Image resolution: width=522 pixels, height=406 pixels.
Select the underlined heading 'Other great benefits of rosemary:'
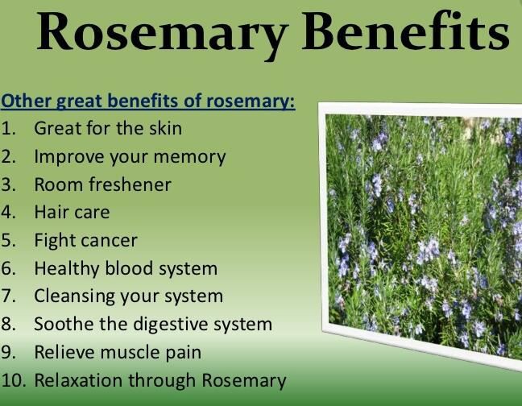coord(148,103)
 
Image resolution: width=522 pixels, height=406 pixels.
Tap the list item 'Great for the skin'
coord(108,128)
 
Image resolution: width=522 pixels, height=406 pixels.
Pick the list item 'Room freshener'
coord(102,184)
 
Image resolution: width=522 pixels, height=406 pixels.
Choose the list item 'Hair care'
coord(72,213)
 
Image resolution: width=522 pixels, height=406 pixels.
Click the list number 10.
coord(13,380)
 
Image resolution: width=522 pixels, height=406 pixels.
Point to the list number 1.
coord(8,128)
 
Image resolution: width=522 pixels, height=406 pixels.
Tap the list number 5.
coord(8,241)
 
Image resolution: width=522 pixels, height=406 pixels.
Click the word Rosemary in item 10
coord(246,380)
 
